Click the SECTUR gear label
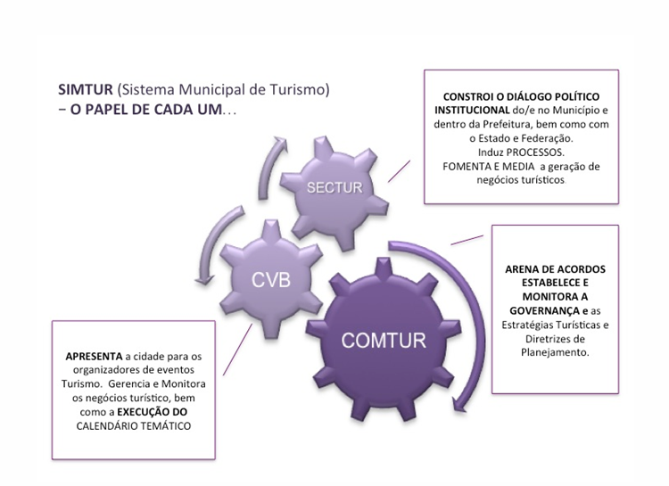[x=334, y=188]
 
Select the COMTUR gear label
[x=384, y=339]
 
